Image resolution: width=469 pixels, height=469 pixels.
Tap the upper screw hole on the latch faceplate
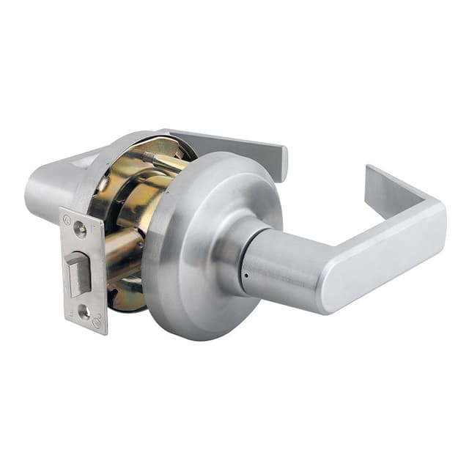pyautogui.click(x=80, y=229)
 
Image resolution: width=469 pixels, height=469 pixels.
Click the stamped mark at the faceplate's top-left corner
pyautogui.click(x=68, y=218)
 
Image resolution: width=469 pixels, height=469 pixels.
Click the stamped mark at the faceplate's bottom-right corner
pyautogui.click(x=97, y=320)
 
